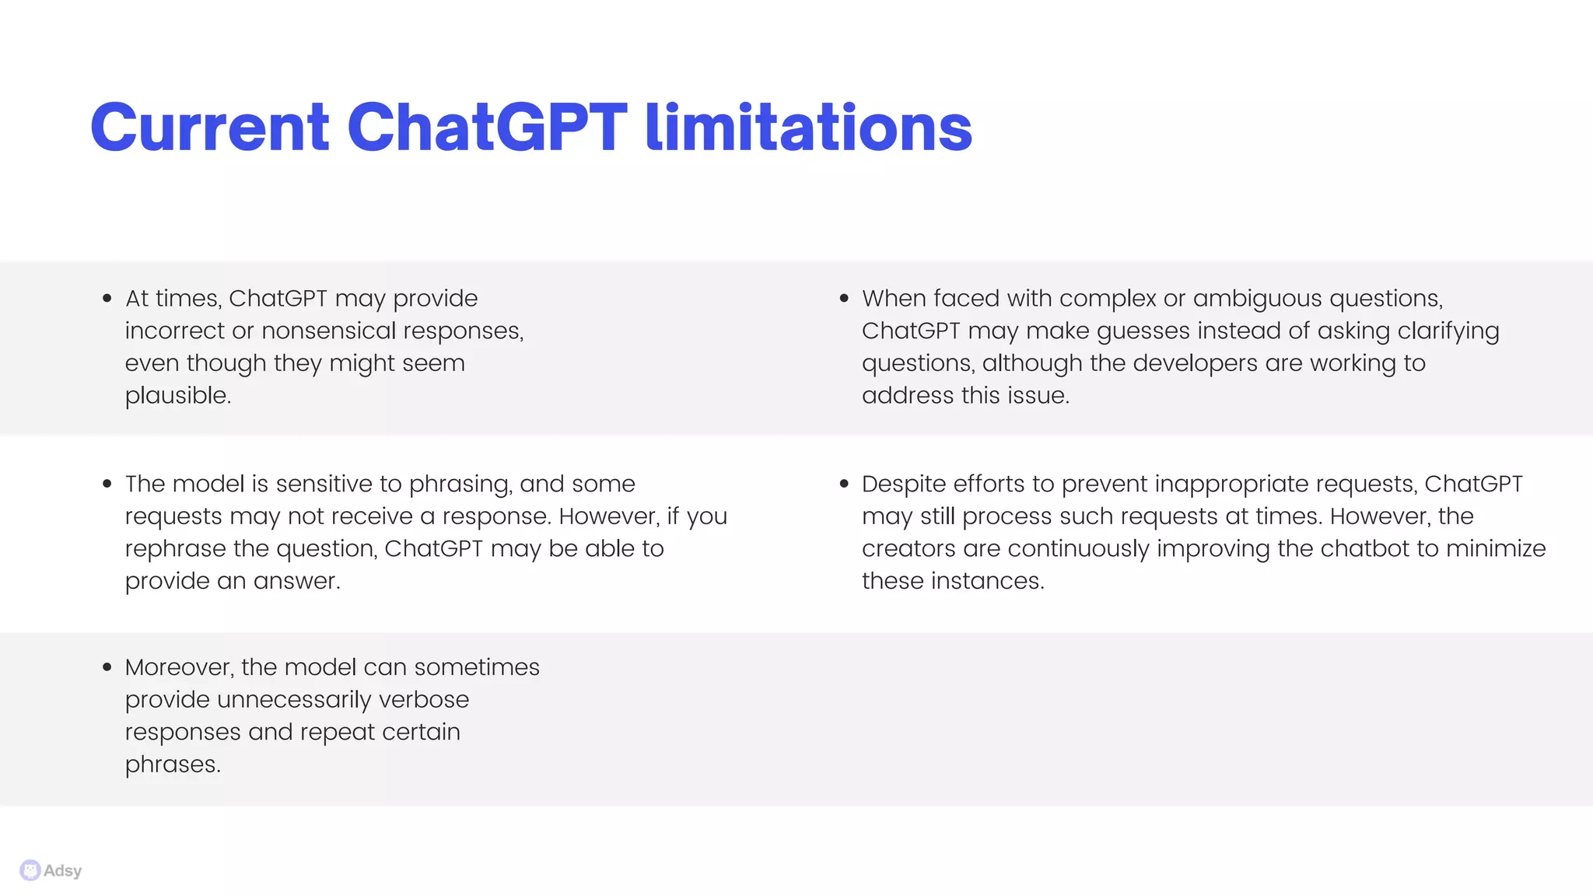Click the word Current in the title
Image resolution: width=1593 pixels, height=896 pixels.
point(210,128)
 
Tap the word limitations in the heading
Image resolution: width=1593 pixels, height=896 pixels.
point(809,128)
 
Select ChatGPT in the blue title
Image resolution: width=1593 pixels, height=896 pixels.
point(487,128)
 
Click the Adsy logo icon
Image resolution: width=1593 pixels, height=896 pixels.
point(30,870)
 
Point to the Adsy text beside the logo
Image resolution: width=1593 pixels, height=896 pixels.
point(63,871)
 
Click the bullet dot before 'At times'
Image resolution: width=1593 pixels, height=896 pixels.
point(107,299)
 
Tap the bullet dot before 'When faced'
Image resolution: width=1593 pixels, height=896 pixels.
point(844,299)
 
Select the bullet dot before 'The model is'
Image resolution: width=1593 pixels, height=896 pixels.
point(107,484)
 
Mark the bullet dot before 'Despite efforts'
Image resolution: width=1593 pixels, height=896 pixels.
point(844,484)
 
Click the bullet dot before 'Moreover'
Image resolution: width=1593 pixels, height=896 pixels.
point(107,667)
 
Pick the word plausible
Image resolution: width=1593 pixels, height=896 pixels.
point(177,396)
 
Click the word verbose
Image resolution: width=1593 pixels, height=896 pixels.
point(424,700)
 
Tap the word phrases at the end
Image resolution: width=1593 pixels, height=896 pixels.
point(172,765)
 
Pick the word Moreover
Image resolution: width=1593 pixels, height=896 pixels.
point(178,667)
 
